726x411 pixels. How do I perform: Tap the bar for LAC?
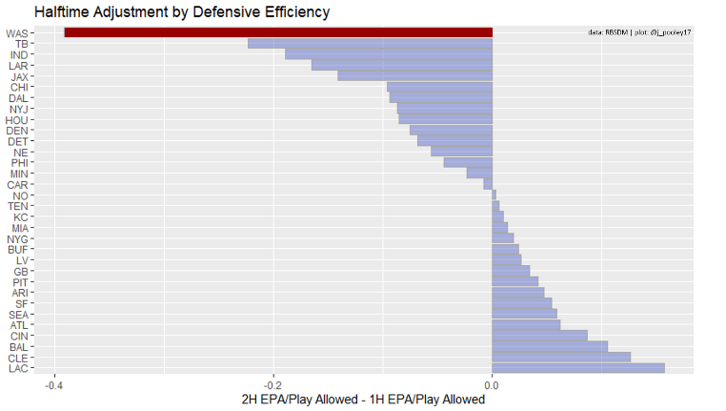tap(578, 368)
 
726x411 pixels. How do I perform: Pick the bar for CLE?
tap(561, 357)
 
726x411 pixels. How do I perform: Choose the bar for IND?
tap(389, 54)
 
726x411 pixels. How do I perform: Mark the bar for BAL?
tap(550, 346)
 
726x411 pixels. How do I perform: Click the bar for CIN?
tap(539, 336)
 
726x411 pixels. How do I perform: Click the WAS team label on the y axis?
tap(16, 33)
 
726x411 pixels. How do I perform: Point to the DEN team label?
tap(16, 131)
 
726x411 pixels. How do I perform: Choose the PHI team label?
tap(18, 163)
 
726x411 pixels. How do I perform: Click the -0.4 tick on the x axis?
tap(54, 385)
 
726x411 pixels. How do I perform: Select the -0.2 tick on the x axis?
tap(273, 385)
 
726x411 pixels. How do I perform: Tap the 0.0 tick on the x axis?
tap(492, 385)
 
